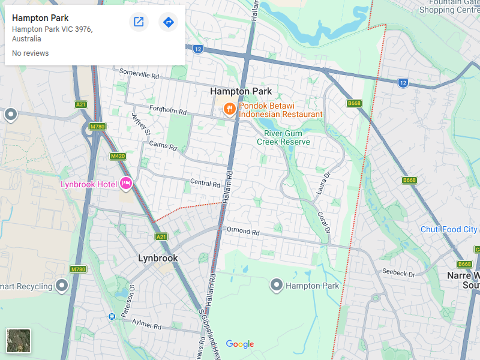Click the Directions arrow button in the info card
169,22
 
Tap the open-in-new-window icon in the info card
139,22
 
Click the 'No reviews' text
30,53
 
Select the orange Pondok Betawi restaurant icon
229,109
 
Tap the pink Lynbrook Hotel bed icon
125,184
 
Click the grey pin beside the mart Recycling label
62,286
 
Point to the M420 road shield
118,156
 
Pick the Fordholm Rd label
168,110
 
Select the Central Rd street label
205,182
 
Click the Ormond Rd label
243,231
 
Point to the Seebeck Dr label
399,273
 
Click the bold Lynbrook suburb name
158,258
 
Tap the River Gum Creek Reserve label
283,137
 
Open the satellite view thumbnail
19,341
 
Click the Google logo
240,344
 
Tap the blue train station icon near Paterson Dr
112,316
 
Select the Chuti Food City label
448,229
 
